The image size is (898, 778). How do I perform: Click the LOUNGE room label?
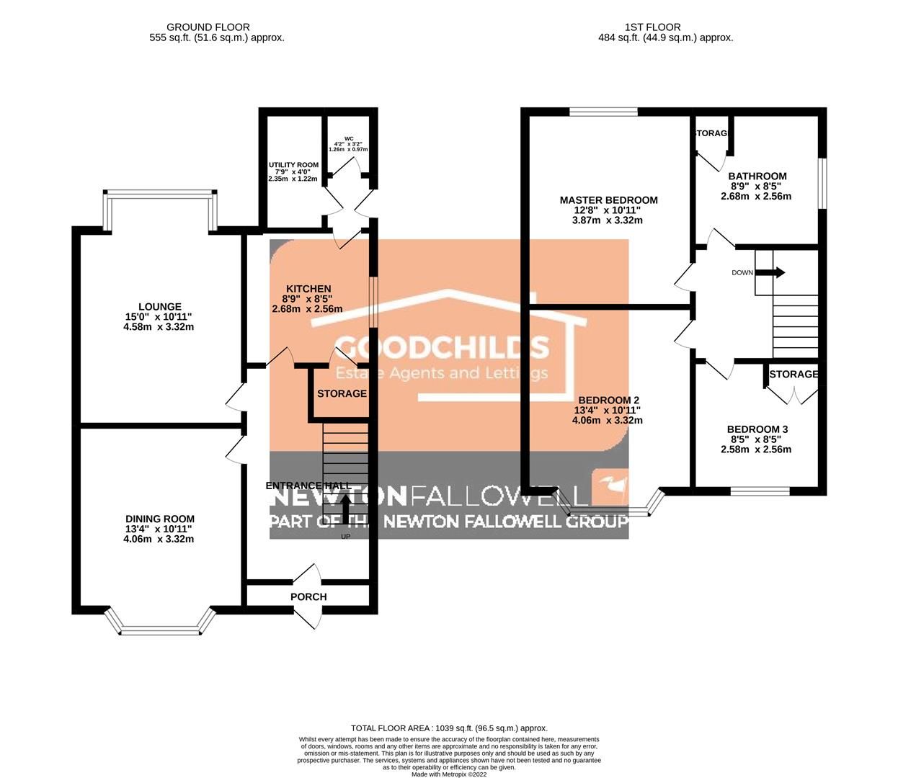click(159, 306)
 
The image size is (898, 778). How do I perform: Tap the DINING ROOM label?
click(159, 519)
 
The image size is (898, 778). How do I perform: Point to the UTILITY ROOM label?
click(293, 165)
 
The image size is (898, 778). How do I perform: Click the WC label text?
click(349, 138)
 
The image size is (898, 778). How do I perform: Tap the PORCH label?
click(308, 596)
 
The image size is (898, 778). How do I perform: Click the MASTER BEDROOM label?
click(608, 200)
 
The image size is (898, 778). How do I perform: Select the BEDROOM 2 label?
click(608, 400)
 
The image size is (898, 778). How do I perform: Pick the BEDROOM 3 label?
click(755, 429)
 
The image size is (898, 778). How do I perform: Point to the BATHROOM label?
click(757, 176)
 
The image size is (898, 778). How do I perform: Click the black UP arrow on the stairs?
click(346, 509)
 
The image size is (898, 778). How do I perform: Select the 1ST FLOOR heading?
click(665, 27)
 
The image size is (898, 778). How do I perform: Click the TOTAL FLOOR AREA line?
click(449, 728)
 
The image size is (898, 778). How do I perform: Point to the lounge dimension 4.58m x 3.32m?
click(159, 326)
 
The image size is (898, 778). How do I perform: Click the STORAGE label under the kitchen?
click(342, 393)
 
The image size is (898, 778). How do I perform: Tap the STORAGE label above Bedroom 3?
click(793, 374)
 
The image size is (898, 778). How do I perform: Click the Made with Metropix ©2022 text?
click(449, 774)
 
